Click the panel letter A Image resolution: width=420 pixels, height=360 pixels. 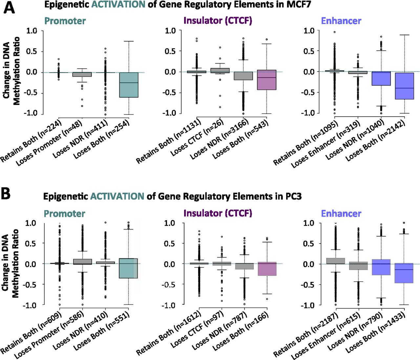[9, 7]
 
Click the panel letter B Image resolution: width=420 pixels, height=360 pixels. [6, 194]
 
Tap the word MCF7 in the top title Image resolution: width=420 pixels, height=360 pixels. [298, 5]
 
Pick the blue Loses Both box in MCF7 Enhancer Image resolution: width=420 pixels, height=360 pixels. [404, 86]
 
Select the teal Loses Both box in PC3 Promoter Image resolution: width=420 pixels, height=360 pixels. [128, 268]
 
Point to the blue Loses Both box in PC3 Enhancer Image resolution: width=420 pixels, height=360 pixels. [404, 273]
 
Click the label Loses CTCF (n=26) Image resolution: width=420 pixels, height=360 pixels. [197, 138]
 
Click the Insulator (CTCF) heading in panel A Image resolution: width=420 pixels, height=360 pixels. [218, 21]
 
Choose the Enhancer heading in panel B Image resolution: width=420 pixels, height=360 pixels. [341, 214]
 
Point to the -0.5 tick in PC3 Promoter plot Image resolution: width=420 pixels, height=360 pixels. [30, 285]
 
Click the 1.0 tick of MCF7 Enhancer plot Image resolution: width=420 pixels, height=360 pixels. [309, 31]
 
